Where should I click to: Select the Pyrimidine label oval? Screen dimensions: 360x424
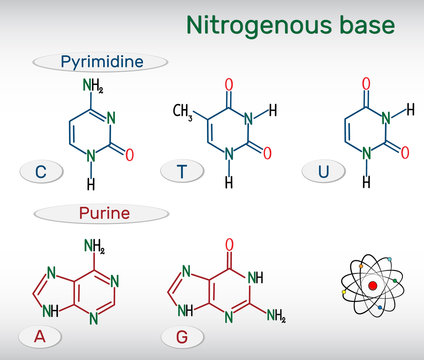click(100, 62)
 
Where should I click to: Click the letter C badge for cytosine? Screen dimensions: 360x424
click(40, 173)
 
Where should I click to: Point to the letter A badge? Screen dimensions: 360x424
click(40, 337)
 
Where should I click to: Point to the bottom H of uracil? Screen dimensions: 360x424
click(366, 184)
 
